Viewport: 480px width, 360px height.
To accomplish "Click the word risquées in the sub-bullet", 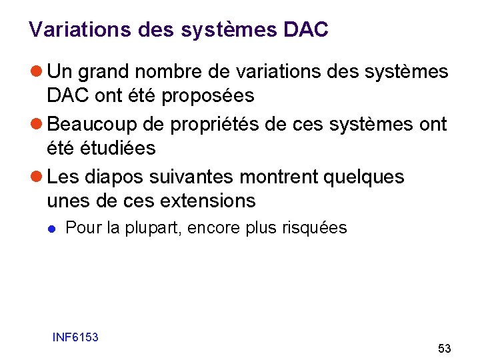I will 319,228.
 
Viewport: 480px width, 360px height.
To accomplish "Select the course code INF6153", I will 75,337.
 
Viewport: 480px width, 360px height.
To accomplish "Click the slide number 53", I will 444,349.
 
